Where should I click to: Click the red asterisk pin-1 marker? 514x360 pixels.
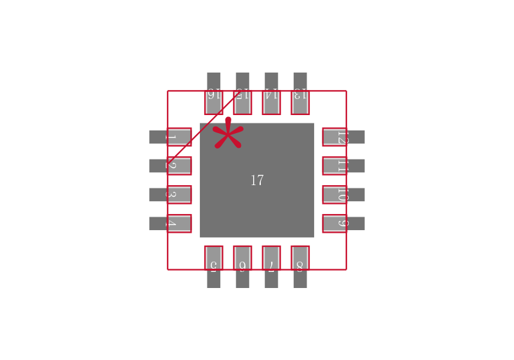click(227, 134)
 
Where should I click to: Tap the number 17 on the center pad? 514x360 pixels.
click(257, 181)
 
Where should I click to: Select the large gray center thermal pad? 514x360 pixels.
click(276, 206)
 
